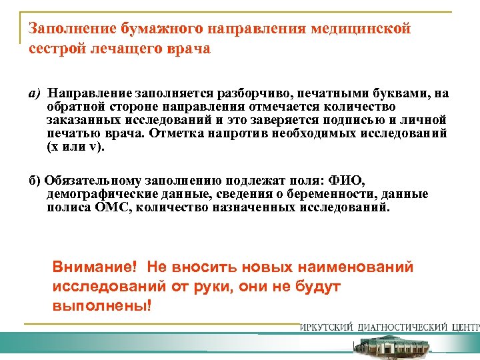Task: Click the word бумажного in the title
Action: (156, 29)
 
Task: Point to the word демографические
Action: (97, 194)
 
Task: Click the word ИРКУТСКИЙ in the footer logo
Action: (327, 327)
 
